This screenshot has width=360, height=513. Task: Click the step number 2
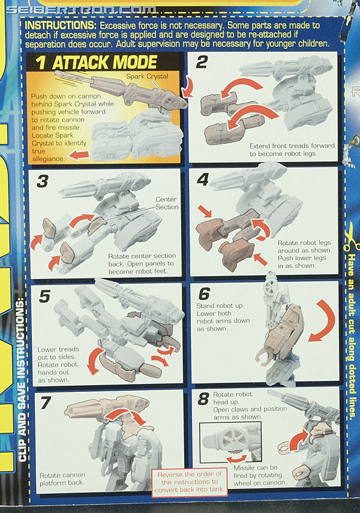[202, 62]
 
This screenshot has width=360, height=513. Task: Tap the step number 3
[43, 182]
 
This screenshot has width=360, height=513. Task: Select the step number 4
[203, 179]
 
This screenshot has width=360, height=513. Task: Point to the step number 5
[44, 296]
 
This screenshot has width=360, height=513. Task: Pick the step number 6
[204, 293]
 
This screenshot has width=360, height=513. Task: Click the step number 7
[46, 403]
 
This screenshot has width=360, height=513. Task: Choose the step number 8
[203, 399]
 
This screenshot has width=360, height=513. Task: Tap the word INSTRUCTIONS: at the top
[61, 25]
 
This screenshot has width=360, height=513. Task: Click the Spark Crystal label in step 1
[147, 76]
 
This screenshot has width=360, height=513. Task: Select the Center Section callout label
[167, 203]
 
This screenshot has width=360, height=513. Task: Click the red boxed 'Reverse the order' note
[190, 482]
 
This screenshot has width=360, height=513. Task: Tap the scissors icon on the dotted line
[351, 236]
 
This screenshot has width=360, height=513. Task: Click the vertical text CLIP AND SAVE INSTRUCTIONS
[22, 380]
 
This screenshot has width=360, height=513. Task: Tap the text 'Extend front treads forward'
[292, 146]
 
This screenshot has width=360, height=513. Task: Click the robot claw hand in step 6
[266, 356]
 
